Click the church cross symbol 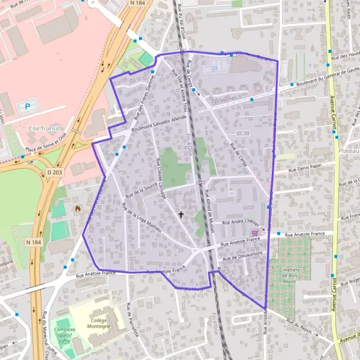pos(181,214)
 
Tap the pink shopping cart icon pos(256,233)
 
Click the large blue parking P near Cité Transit pos(27,106)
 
